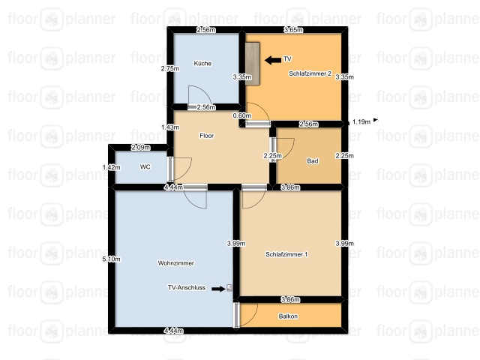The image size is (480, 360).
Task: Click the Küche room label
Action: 202,63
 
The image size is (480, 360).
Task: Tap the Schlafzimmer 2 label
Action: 310,73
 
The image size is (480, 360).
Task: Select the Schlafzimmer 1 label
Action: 286,254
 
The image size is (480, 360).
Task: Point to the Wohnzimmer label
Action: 176,263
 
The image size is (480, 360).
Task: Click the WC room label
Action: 145,166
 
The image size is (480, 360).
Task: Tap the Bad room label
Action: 313,161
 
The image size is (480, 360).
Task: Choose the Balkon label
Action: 288,316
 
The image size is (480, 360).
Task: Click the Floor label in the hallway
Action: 207,136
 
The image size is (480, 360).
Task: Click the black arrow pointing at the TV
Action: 273,60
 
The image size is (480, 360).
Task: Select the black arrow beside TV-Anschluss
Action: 218,289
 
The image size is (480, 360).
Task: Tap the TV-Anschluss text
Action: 187,288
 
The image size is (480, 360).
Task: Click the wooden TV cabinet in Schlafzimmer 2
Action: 253,64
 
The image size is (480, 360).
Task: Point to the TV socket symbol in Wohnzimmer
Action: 229,288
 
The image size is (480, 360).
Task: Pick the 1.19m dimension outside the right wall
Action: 361,121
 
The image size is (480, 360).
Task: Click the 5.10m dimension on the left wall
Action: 112,259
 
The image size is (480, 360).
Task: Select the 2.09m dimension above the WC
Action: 141,148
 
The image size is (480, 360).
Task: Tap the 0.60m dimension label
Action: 242,115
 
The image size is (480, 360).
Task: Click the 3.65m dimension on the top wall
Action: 293,30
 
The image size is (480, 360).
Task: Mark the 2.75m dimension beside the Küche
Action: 170,68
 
